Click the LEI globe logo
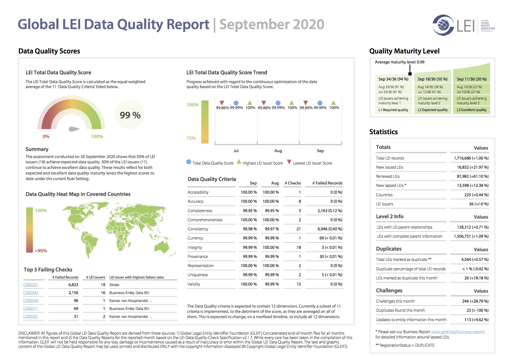[443, 25]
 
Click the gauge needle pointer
[74, 129]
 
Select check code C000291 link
[31, 285]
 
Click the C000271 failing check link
[31, 308]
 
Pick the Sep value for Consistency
[250, 229]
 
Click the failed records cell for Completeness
[330, 211]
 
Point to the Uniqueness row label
[198, 275]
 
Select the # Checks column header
[293, 183]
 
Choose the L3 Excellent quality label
[472, 110]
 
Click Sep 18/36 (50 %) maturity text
[432, 79]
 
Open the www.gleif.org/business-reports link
[458, 332]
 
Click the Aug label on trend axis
[278, 151]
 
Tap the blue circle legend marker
[189, 162]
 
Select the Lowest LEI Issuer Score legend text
[312, 163]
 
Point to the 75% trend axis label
[191, 138]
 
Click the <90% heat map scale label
[41, 251]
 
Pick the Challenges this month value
[475, 301]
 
